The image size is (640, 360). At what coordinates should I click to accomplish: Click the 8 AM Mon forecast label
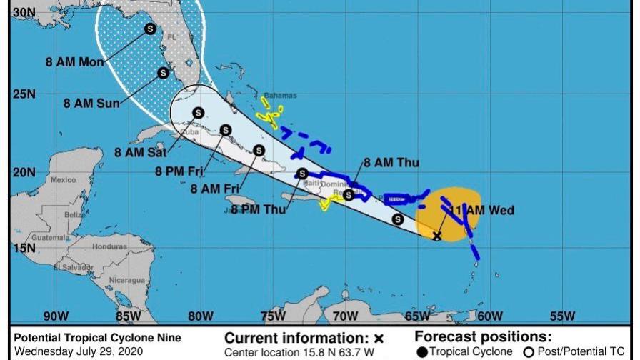[x=75, y=62]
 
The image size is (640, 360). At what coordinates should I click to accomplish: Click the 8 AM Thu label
[x=391, y=163]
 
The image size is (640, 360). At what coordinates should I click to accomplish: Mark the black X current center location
[x=437, y=235]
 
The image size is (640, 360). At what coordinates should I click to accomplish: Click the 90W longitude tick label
[x=56, y=316]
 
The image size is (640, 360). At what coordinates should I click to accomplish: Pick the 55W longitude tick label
[x=563, y=316]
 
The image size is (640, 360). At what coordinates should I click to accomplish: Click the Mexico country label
[x=64, y=180]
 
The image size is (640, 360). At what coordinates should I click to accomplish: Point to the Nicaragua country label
[x=126, y=279]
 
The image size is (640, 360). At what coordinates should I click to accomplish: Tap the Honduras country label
[x=109, y=246]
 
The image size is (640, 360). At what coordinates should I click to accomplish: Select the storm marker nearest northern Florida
[x=150, y=29]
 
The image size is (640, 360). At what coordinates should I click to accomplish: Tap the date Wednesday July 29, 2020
[x=79, y=351]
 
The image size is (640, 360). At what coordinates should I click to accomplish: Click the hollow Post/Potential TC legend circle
[x=529, y=351]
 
